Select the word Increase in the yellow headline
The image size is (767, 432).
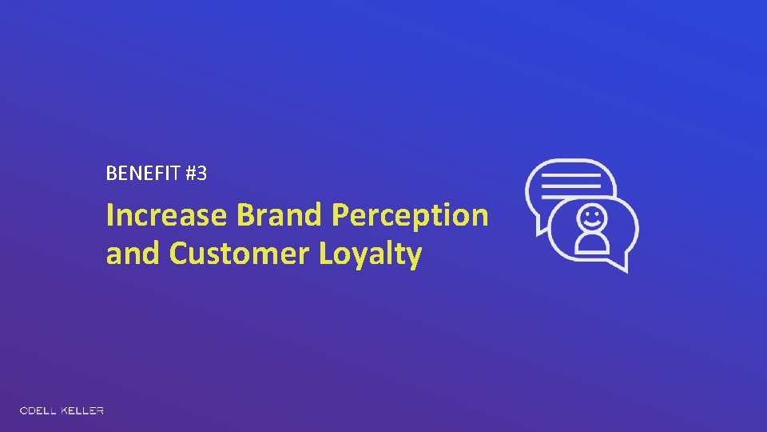pyautogui.click(x=166, y=215)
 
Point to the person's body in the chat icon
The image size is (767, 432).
pyautogui.click(x=592, y=242)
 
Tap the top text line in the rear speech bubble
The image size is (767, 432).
pyautogui.click(x=570, y=174)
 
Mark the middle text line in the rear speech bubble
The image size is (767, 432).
pyautogui.click(x=570, y=185)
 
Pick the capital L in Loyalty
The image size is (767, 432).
pyautogui.click(x=327, y=254)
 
